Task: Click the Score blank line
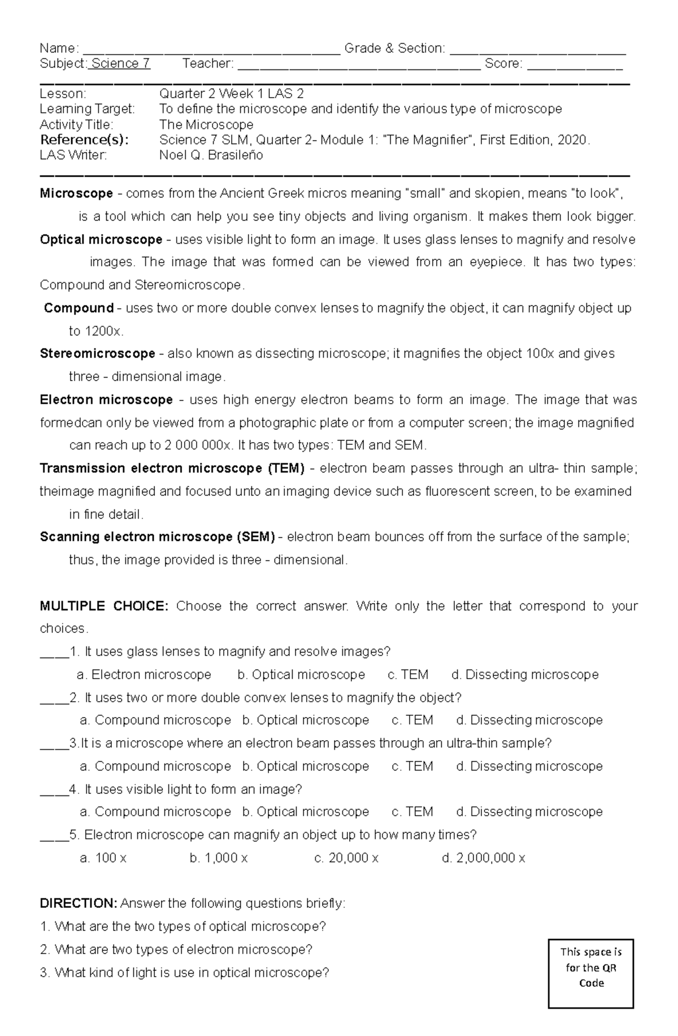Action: (x=575, y=66)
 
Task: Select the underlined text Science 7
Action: (x=120, y=64)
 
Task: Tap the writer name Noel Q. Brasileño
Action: (x=211, y=155)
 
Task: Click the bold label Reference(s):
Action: (x=84, y=140)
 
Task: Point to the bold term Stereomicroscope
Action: (x=97, y=354)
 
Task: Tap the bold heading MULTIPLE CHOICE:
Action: (x=104, y=606)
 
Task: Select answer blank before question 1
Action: (x=54, y=654)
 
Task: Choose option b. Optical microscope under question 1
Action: (x=301, y=675)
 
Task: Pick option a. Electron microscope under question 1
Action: (x=144, y=675)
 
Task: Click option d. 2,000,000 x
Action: (x=483, y=859)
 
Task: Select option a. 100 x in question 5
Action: (x=103, y=859)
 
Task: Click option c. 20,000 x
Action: (x=346, y=859)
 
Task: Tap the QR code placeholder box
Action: (x=590, y=974)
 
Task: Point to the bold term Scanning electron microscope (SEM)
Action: (x=157, y=537)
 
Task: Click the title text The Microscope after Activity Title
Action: (x=206, y=125)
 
